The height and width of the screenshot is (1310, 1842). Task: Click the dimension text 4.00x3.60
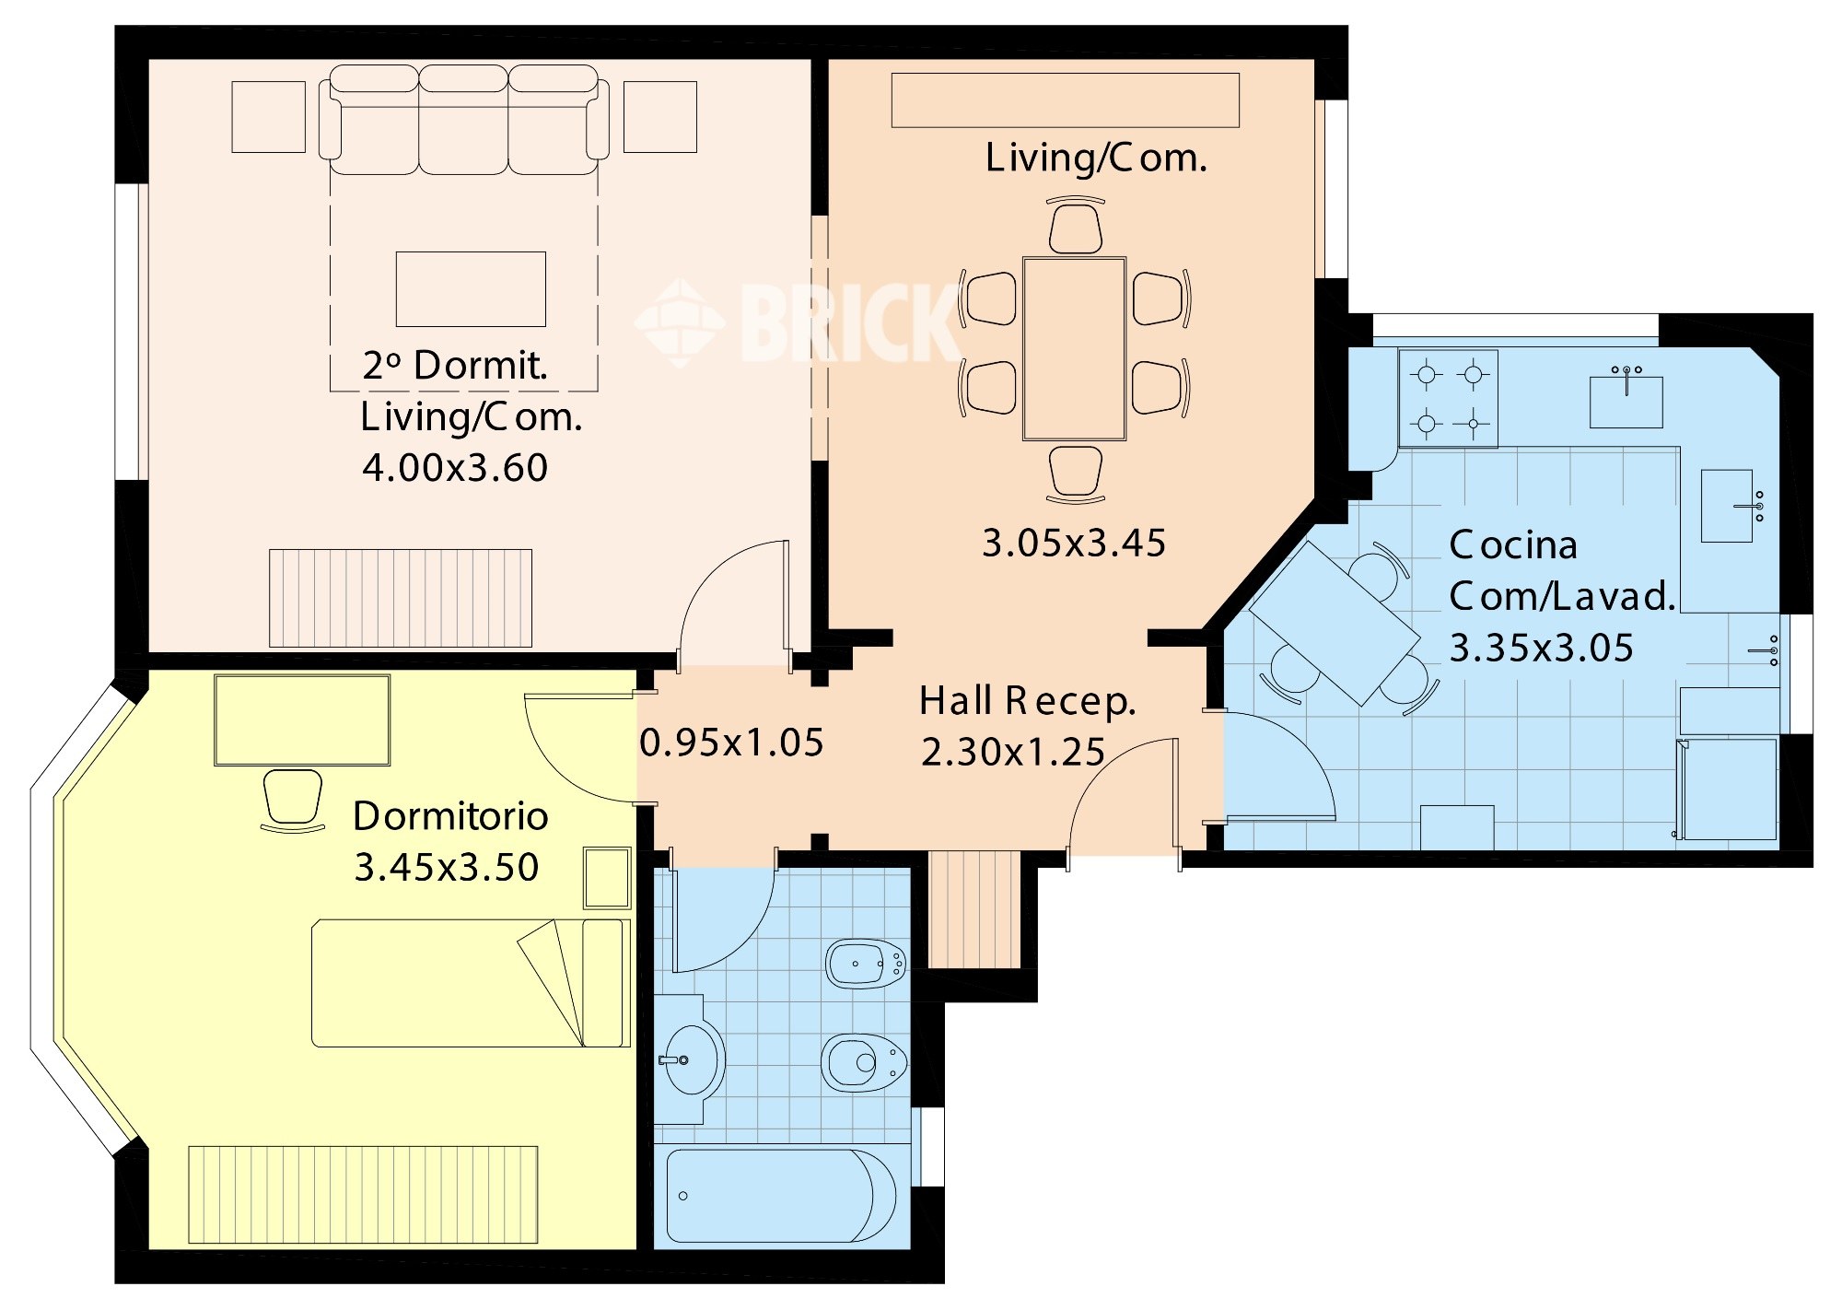(x=455, y=468)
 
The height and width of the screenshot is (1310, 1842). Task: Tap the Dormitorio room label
(x=450, y=816)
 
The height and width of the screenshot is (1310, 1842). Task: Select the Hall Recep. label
(x=1028, y=702)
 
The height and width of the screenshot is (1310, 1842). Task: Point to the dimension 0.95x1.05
(x=731, y=743)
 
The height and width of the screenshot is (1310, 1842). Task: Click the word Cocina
(x=1513, y=545)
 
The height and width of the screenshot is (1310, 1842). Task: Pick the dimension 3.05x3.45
(x=1074, y=544)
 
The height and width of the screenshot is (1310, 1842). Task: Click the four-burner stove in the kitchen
(x=1448, y=398)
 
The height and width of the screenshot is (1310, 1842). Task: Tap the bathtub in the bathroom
(x=780, y=1196)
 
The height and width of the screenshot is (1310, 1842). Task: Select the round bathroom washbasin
(x=691, y=1059)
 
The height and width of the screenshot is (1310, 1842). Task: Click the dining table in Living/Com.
(x=1074, y=349)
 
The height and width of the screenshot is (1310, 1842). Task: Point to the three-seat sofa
(x=463, y=120)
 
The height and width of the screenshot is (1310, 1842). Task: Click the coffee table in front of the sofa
(x=471, y=289)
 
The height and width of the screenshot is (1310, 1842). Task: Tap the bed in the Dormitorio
(x=471, y=983)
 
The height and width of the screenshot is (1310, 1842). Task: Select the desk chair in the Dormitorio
(x=293, y=800)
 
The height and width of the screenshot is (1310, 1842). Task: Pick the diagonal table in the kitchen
(x=1335, y=624)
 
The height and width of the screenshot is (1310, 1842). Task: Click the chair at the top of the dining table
(x=1075, y=226)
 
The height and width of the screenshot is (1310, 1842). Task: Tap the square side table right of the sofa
(x=660, y=117)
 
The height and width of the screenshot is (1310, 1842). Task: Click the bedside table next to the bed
(x=607, y=878)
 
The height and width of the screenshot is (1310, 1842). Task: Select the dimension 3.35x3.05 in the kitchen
(x=1542, y=649)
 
